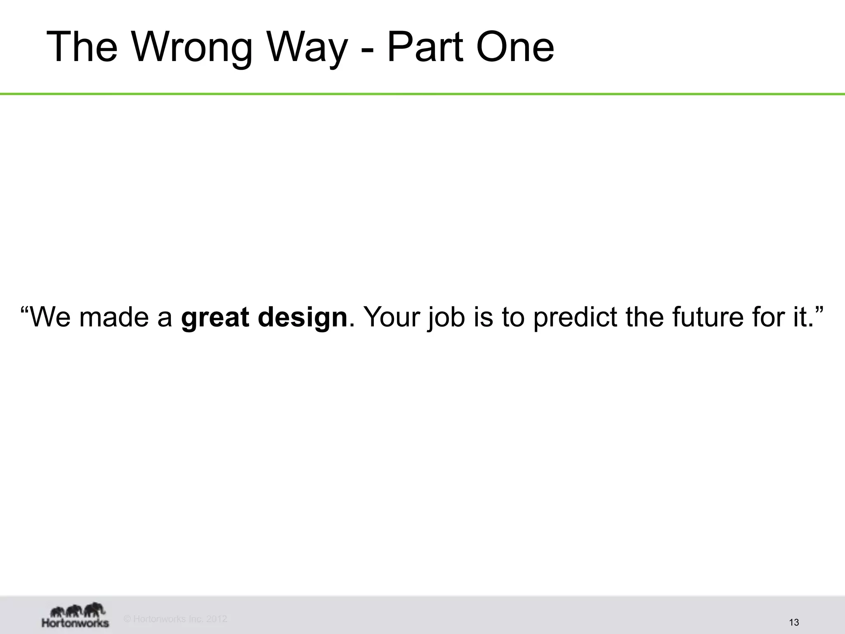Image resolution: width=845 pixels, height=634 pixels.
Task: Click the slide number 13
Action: point(794,622)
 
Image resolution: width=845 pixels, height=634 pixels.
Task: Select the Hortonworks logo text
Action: point(76,622)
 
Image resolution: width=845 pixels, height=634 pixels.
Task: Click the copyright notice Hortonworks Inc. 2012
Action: point(176,619)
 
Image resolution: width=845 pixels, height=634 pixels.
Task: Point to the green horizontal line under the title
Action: point(422,94)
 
